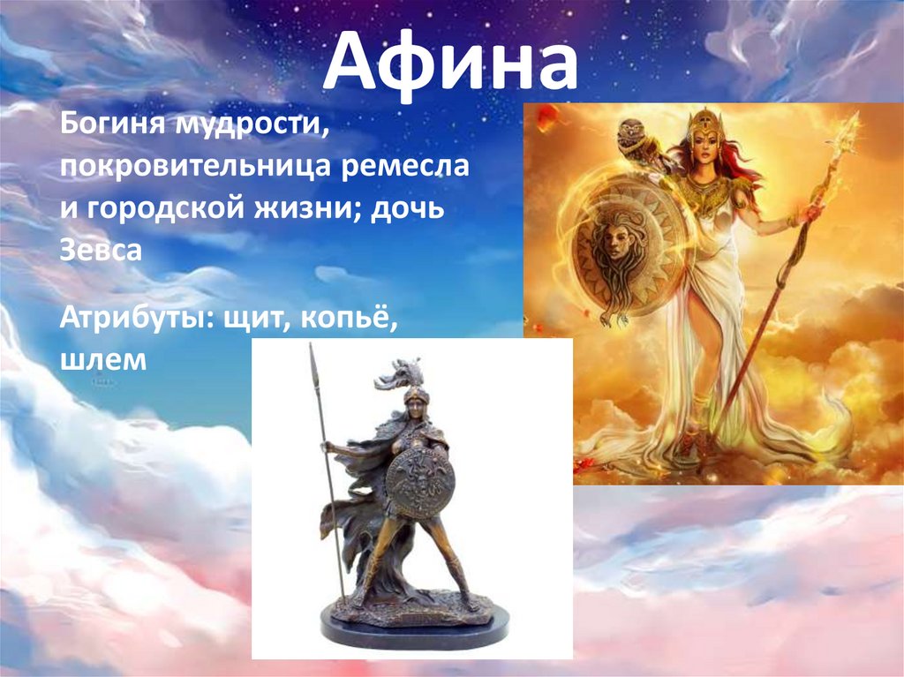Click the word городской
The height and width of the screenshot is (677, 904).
(175, 210)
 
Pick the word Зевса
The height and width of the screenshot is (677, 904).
(101, 250)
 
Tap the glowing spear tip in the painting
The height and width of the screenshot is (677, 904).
(851, 132)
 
